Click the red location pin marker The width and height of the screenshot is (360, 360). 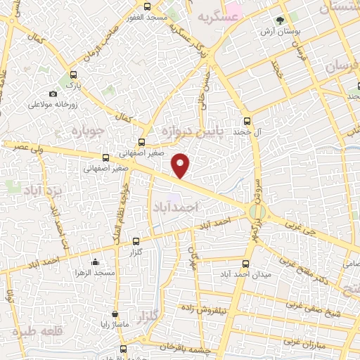[x=181, y=166]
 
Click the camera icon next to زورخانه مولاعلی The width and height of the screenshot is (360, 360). [x=53, y=94]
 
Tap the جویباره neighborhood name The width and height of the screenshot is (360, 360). [x=91, y=131]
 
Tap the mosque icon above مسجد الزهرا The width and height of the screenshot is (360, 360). [x=95, y=262]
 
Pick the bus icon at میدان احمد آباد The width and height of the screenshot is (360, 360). [x=245, y=264]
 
